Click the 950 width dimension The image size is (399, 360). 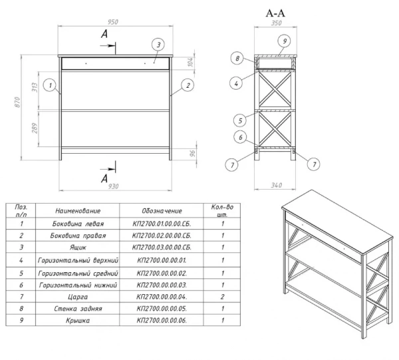(113, 22)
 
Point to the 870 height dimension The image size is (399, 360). (17, 102)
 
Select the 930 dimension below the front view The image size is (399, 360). (113, 186)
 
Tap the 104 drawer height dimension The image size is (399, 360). (190, 62)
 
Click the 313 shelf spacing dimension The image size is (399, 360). (35, 87)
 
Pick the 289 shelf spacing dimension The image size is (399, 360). (35, 128)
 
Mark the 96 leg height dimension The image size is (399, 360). (193, 153)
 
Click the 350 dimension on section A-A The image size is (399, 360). (277, 23)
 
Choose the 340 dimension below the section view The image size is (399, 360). (277, 185)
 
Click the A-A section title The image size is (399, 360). (275, 13)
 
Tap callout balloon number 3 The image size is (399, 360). (158, 45)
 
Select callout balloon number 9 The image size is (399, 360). (285, 41)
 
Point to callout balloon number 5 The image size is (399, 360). (240, 120)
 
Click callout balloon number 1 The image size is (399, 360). (50, 85)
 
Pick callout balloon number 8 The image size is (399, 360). (237, 59)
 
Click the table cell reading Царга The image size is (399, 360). (78, 297)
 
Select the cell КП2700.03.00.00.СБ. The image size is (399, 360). (162, 248)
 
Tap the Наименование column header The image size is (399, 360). (78, 211)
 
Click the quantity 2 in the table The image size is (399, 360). (222, 297)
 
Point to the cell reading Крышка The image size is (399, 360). (78, 320)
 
